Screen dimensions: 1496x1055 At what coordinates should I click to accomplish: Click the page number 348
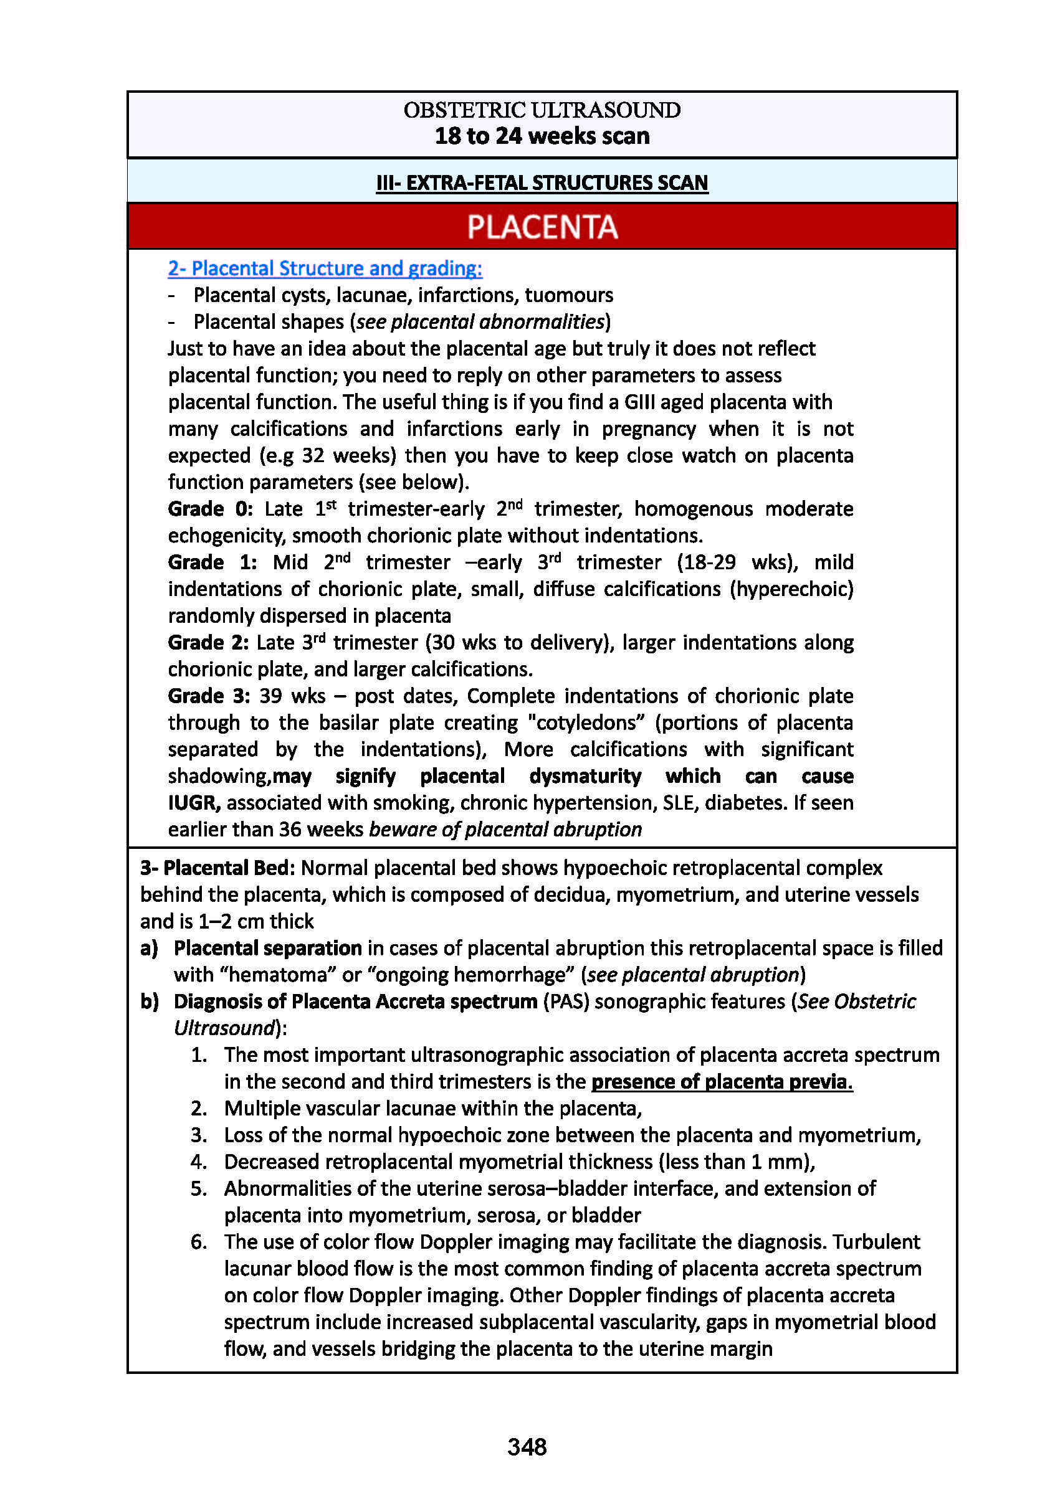click(x=527, y=1446)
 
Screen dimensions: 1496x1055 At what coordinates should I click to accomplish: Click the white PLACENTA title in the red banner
click(x=542, y=227)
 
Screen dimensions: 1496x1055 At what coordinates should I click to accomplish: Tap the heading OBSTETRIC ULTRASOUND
click(x=542, y=110)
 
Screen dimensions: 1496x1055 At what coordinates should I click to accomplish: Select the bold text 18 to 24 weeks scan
click(x=542, y=136)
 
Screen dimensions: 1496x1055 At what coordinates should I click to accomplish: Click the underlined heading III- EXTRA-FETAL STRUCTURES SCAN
click(x=542, y=182)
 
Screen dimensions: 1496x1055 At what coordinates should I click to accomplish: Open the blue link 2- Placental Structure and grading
click(x=325, y=268)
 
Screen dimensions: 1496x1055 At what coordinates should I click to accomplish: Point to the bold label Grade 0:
click(x=210, y=509)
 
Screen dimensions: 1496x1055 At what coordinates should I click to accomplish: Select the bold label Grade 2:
click(x=208, y=643)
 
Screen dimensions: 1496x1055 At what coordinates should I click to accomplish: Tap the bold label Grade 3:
click(x=209, y=696)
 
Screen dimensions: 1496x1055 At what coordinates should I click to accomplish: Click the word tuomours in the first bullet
click(x=568, y=295)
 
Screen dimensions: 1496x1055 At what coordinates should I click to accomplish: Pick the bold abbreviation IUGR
click(x=194, y=803)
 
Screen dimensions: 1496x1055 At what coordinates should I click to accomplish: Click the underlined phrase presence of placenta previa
click(x=721, y=1082)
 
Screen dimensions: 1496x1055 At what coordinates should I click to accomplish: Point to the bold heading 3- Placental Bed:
click(x=217, y=868)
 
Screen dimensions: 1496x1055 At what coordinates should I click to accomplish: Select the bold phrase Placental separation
click(x=267, y=948)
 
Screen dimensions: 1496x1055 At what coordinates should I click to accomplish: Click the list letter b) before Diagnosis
click(x=150, y=1001)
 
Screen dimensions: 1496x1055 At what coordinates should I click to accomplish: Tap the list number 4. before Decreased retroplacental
click(x=199, y=1162)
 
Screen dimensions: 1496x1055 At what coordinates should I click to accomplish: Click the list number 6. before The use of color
click(x=199, y=1242)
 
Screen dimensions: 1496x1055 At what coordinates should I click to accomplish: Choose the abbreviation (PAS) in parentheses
click(x=566, y=1001)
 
